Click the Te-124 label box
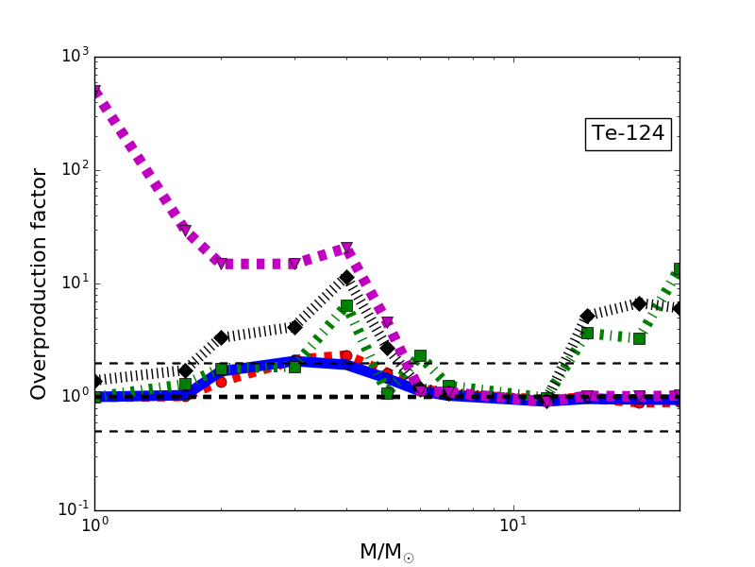[628, 134]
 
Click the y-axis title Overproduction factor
[39, 283]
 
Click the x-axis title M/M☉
[386, 552]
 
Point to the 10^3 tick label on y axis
[73, 57]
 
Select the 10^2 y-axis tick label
[73, 170]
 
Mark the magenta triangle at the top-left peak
[95, 92]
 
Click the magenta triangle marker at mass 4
[346, 249]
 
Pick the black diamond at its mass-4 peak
[346, 278]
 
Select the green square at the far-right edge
[679, 269]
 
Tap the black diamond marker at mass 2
[221, 337]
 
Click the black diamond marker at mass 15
[587, 316]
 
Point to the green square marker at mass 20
[639, 338]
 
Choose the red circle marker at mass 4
[346, 355]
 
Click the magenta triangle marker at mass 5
[387, 322]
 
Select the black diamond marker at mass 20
[639, 303]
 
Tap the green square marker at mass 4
[346, 305]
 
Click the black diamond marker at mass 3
[294, 327]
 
